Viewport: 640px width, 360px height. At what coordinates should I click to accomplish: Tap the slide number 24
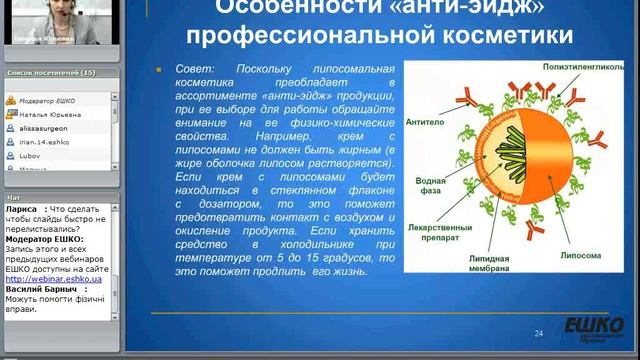coord(538,333)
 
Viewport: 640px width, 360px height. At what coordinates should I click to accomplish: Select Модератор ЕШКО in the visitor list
coord(50,101)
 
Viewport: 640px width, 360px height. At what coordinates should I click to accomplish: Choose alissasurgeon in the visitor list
coord(45,129)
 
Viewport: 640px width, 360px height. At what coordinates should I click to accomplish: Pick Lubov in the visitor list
coord(31,157)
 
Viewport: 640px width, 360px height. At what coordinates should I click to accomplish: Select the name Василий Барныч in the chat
coord(41,286)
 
